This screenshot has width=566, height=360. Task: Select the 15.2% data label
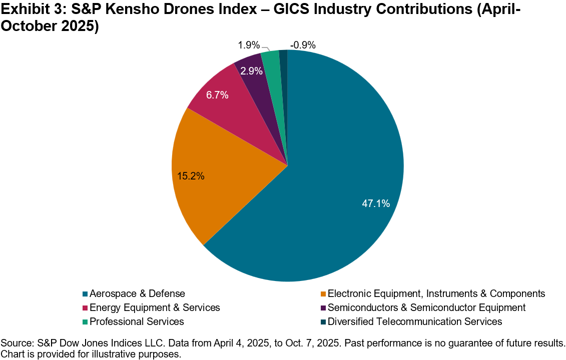191,176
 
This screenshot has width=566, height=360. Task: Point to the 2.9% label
251,71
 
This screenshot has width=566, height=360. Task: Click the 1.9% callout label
248,45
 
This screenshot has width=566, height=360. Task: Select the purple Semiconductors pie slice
250,70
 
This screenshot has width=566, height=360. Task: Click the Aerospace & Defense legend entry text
137,293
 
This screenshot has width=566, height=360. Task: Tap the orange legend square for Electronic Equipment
323,294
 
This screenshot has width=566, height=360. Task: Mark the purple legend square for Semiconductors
323,308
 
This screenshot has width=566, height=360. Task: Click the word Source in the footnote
16,344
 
